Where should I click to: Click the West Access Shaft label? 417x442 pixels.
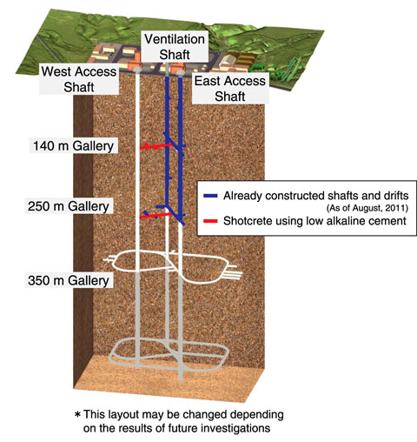click(79, 79)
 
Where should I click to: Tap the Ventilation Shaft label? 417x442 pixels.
click(175, 47)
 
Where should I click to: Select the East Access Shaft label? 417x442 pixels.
click(230, 89)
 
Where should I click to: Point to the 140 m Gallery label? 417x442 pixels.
click(74, 145)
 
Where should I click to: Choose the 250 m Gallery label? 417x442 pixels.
click(69, 206)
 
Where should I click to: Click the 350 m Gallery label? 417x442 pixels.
click(69, 280)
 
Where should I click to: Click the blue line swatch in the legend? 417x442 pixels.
click(210, 196)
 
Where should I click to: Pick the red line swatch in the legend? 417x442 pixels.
click(210, 221)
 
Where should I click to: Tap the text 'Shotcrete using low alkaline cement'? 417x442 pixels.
click(314, 221)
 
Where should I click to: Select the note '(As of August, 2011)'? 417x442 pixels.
click(367, 208)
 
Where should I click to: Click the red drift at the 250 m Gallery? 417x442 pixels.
click(156, 216)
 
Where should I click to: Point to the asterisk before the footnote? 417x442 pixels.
click(77, 414)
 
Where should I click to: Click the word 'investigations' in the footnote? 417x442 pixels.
click(235, 428)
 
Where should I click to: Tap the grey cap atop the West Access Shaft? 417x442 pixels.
click(137, 70)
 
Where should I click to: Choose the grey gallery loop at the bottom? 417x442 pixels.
click(169, 354)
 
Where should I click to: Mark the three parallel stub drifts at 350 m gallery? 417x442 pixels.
click(232, 273)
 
